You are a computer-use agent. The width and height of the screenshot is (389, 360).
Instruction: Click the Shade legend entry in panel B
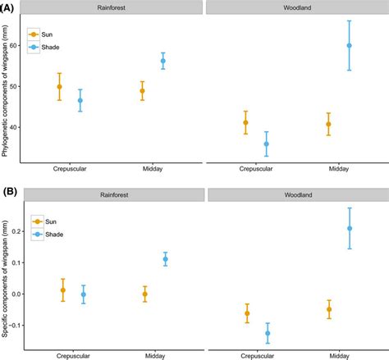click(45, 235)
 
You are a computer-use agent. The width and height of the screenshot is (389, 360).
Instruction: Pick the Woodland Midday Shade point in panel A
click(349, 46)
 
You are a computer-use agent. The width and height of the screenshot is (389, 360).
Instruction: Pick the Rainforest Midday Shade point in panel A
click(162, 61)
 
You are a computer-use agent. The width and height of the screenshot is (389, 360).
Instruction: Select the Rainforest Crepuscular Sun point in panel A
click(59, 87)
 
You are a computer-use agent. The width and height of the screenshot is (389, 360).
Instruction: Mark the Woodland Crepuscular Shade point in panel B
click(267, 333)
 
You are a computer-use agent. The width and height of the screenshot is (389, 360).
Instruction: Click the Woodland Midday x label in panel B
click(338, 354)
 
